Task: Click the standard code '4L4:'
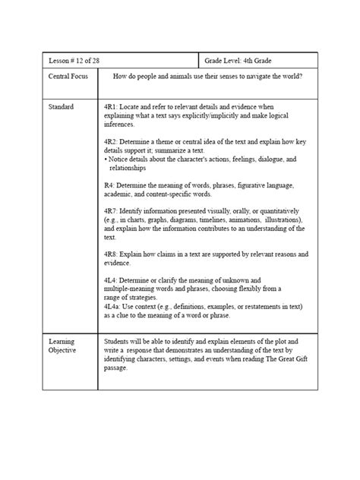[x=112, y=279]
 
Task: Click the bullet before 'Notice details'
[x=106, y=159]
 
